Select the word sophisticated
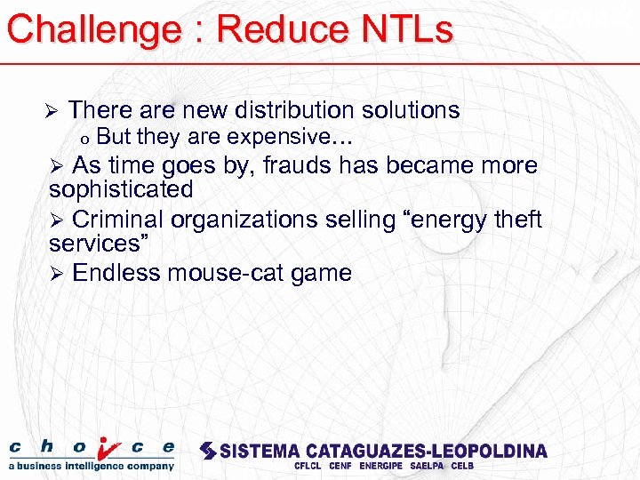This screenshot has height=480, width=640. click(x=121, y=189)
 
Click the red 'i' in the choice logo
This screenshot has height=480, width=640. click(x=108, y=448)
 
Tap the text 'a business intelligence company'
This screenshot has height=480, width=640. click(x=92, y=466)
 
